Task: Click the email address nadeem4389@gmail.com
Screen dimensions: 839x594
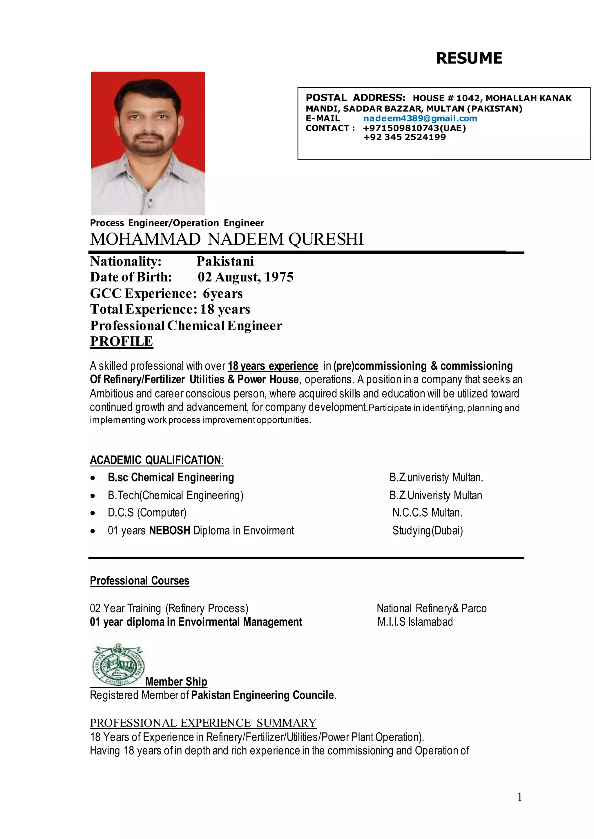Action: click(x=420, y=119)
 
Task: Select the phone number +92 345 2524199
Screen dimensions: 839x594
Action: click(x=405, y=137)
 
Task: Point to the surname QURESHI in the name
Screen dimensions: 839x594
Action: click(x=326, y=239)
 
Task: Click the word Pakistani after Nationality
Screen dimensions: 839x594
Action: click(x=225, y=261)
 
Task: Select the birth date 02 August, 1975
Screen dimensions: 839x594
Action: click(x=245, y=277)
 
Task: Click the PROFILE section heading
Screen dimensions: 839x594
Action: click(x=122, y=341)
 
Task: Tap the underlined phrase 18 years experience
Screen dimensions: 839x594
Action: click(x=273, y=366)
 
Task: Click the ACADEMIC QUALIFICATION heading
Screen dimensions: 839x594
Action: click(x=156, y=460)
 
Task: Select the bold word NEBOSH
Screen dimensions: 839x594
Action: click(x=169, y=531)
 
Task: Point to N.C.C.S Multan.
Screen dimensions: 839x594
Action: click(x=427, y=513)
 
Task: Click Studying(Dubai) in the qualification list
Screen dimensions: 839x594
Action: click(x=427, y=531)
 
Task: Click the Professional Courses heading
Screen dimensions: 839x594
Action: click(x=139, y=580)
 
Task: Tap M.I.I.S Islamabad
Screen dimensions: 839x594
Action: click(x=415, y=622)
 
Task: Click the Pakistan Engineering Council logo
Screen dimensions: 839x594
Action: click(x=118, y=665)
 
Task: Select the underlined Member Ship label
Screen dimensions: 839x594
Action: click(x=176, y=682)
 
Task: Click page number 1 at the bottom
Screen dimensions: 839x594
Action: click(x=519, y=797)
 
